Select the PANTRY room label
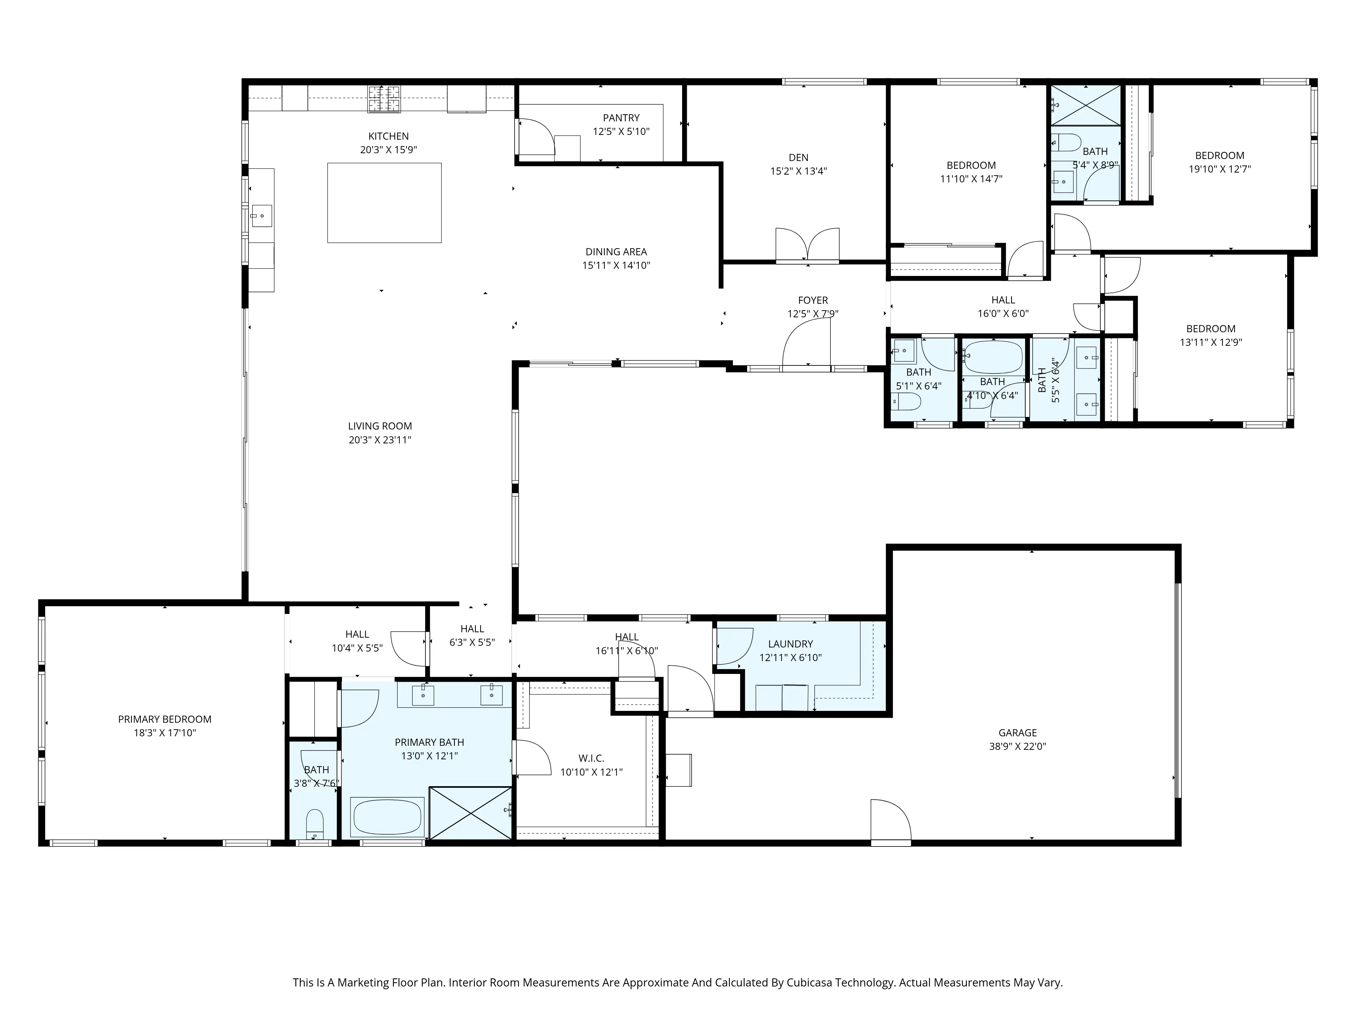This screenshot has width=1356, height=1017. click(621, 118)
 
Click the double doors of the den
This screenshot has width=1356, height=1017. click(807, 245)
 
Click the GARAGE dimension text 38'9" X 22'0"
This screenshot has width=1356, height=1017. click(1018, 747)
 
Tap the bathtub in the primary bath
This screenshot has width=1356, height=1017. click(387, 817)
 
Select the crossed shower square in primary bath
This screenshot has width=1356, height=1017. click(470, 813)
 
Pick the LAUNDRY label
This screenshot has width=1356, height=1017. click(790, 644)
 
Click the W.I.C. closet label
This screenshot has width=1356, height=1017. click(591, 758)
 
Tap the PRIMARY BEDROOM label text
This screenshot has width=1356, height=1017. click(164, 719)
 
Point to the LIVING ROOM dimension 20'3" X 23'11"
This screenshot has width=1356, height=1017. click(380, 440)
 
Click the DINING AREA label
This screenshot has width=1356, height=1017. click(616, 251)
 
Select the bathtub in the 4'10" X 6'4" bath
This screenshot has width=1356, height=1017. click(993, 357)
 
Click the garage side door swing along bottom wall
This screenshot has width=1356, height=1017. click(890, 821)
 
